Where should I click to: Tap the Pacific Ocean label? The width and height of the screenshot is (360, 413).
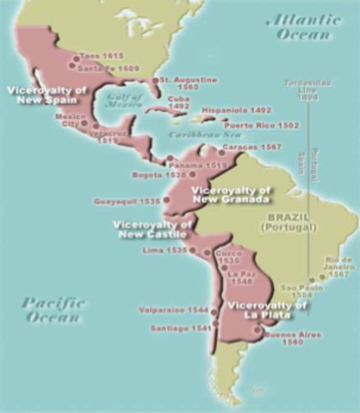(50, 309)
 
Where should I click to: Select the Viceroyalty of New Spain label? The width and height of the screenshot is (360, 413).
(36, 94)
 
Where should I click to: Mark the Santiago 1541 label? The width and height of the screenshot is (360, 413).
(179, 328)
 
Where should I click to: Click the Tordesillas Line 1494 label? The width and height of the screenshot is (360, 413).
(307, 89)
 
